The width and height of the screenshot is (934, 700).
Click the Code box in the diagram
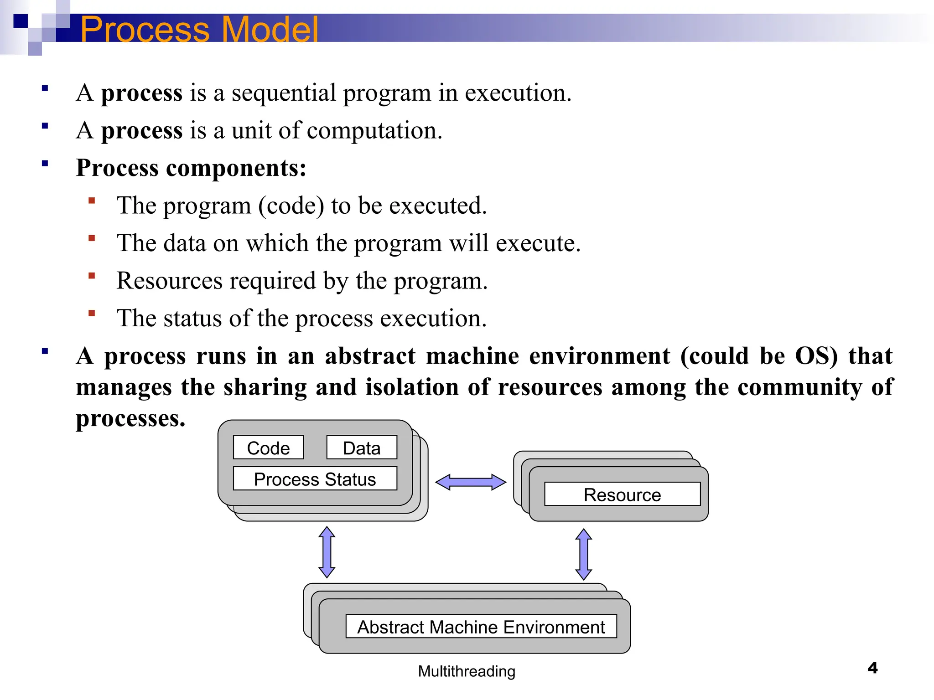click(x=268, y=448)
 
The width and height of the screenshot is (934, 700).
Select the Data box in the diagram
click(x=362, y=448)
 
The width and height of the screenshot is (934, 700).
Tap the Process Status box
click(x=315, y=479)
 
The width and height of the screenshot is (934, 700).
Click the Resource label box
click(x=622, y=494)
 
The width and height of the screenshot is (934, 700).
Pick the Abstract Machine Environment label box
click(x=481, y=627)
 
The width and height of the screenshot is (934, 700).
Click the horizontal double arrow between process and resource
click(x=471, y=482)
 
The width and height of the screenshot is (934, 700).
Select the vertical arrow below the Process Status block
click(x=327, y=552)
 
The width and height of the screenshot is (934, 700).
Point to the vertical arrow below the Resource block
click(x=584, y=554)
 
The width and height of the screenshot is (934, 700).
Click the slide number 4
click(x=872, y=668)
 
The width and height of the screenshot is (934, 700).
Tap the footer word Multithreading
click(x=467, y=671)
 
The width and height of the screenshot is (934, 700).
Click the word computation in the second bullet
click(x=374, y=131)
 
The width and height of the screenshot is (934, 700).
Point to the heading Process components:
click(x=191, y=168)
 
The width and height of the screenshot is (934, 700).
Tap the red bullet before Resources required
click(x=92, y=276)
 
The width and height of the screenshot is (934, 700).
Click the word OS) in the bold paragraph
click(x=816, y=356)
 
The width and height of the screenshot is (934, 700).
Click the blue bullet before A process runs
click(x=45, y=351)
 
